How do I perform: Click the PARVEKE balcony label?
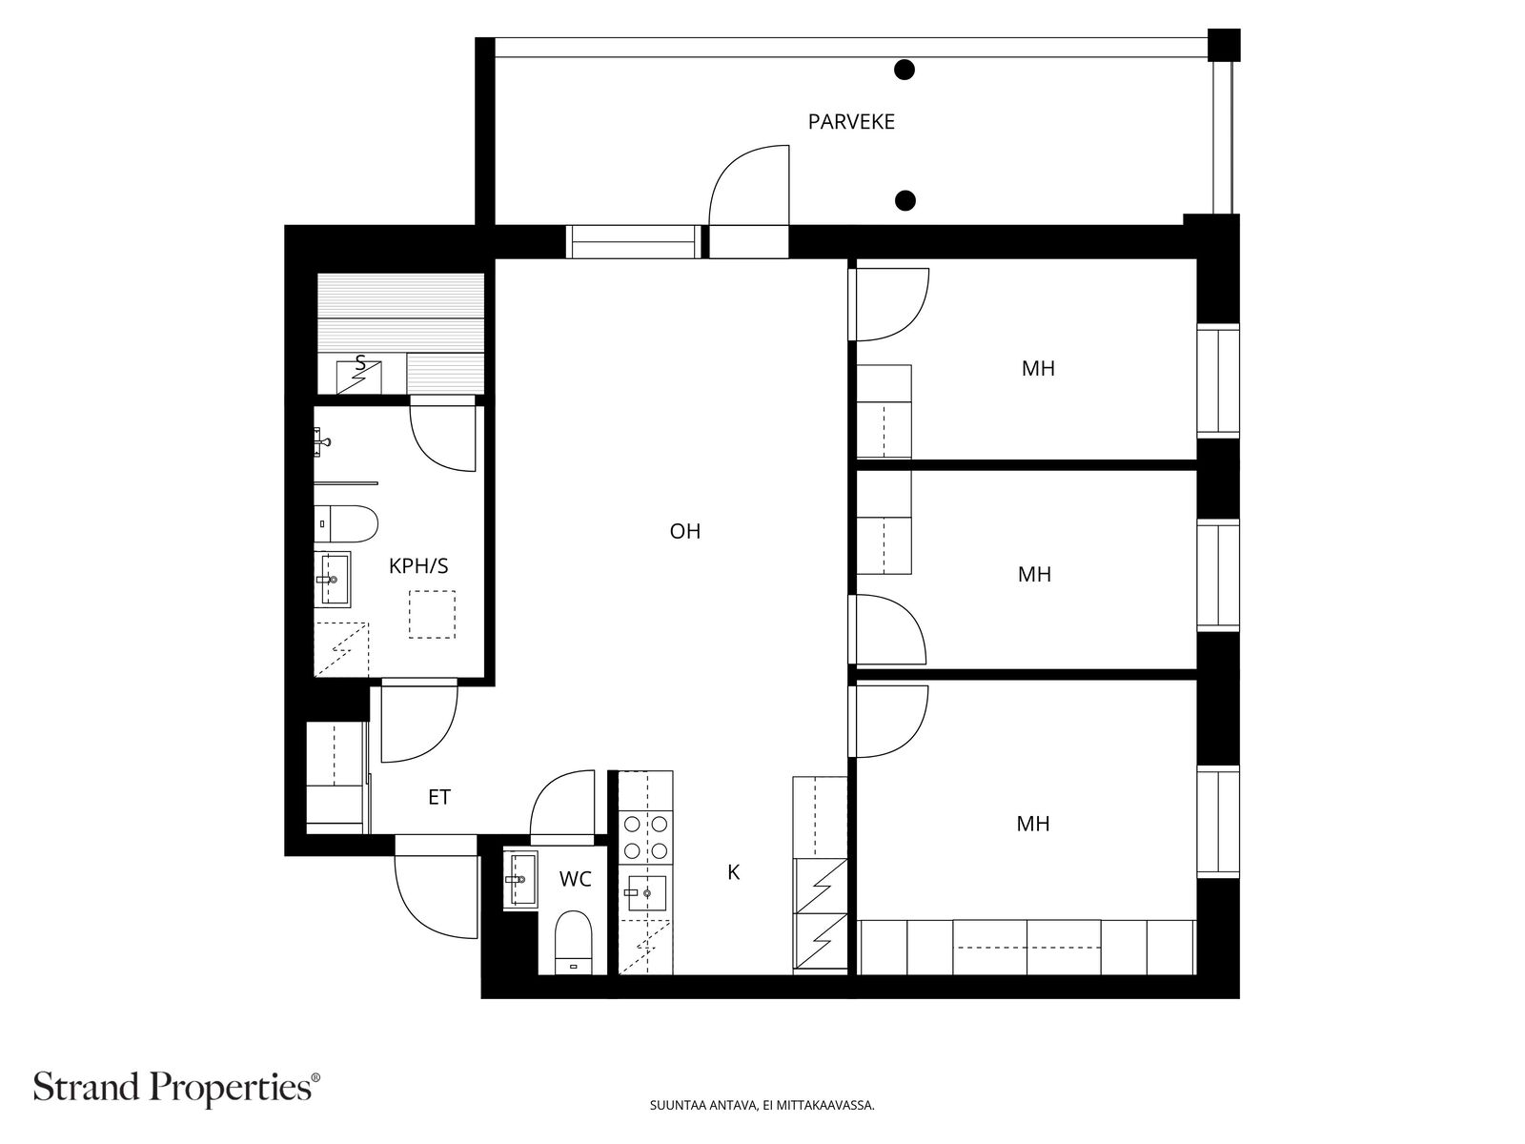(850, 122)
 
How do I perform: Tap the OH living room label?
(684, 531)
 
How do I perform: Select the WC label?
(576, 879)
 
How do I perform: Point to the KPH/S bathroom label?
(418, 566)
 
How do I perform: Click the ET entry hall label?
(439, 797)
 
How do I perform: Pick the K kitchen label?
(733, 872)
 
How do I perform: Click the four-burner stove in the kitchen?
(645, 837)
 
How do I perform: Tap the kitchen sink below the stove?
(646, 892)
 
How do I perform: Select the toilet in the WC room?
(573, 942)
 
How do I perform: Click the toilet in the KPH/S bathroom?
(346, 523)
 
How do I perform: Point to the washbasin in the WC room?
(521, 879)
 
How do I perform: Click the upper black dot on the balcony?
(904, 70)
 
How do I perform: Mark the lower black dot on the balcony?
(905, 201)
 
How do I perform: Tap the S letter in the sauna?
(360, 362)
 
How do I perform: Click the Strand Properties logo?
(177, 1087)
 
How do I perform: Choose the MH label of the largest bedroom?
(1032, 824)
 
